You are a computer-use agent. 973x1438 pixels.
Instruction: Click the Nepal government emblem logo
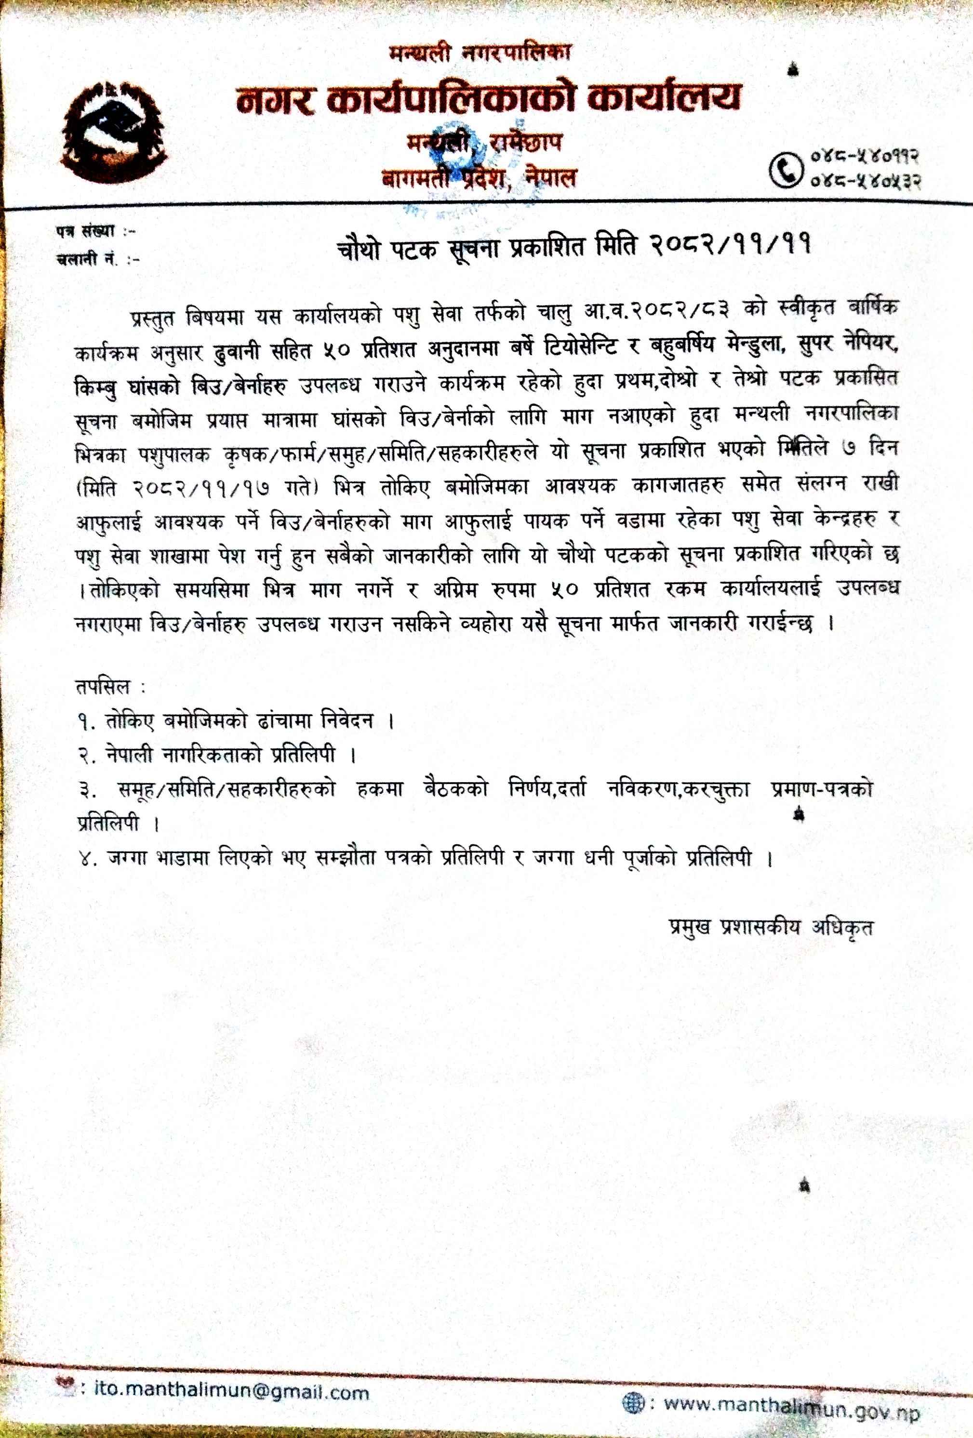pos(115,132)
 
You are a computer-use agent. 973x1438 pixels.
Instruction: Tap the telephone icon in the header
pos(786,168)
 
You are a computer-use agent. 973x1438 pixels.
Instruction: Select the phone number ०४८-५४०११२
pos(864,156)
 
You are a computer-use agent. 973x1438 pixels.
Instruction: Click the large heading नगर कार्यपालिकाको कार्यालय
pos(488,98)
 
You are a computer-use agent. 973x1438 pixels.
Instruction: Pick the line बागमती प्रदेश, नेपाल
pos(479,178)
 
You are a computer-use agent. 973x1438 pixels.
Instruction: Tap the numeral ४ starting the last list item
pos(84,859)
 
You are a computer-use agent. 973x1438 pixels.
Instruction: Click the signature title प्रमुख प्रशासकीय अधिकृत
pos(771,926)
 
